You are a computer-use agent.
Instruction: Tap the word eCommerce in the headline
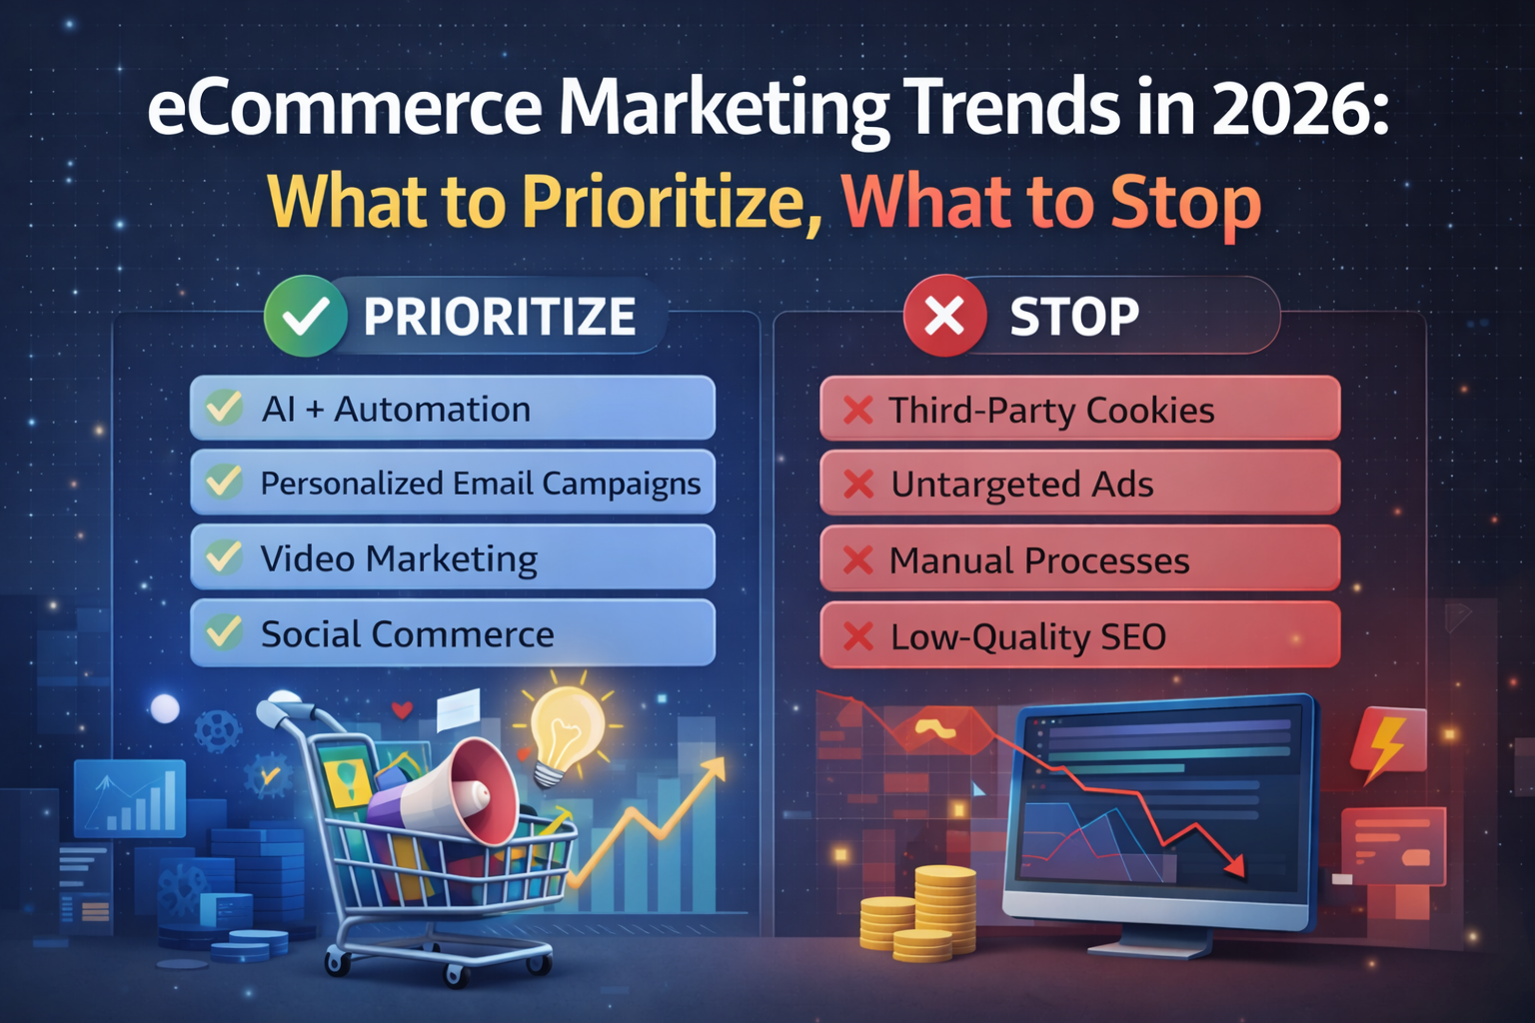coord(345,109)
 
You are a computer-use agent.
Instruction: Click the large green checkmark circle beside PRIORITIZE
coord(305,316)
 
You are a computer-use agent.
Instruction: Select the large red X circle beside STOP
coord(945,316)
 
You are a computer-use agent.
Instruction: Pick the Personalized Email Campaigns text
coord(481,484)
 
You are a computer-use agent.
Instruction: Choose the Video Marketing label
coord(399,558)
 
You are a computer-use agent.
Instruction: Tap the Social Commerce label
coord(407,633)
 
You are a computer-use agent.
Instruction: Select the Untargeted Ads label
coord(1021,485)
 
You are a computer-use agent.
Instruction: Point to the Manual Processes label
coord(1039,560)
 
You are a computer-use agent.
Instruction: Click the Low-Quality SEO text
coord(1028,636)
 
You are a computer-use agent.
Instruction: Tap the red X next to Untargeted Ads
coord(858,485)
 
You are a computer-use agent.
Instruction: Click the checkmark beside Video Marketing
coord(224,556)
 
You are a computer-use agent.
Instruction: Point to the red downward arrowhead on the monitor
coord(1235,865)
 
